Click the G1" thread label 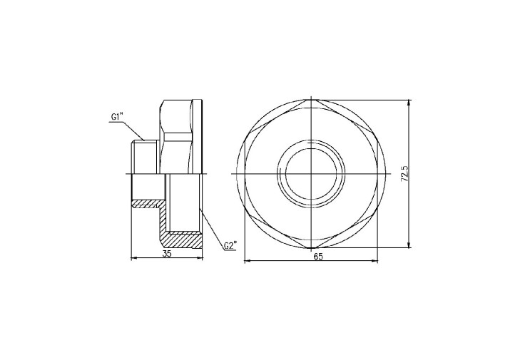click(x=117, y=117)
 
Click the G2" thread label click(x=230, y=245)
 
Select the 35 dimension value click(x=167, y=254)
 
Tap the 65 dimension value click(x=318, y=257)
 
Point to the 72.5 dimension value click(x=405, y=174)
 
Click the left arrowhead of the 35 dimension click(x=133, y=258)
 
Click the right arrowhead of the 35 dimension click(x=200, y=258)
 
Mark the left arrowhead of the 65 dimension click(x=247, y=261)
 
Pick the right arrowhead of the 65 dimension click(x=375, y=261)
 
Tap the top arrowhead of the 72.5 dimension click(x=409, y=103)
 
